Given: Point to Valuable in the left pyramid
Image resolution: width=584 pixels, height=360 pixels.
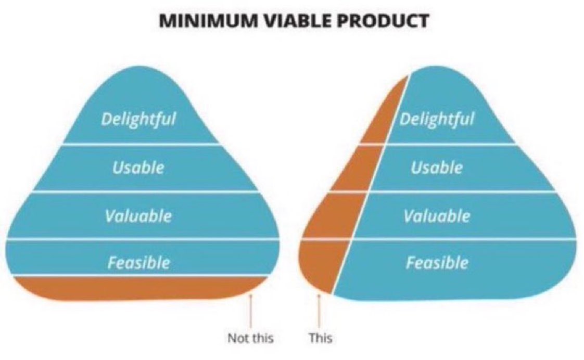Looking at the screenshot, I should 138,215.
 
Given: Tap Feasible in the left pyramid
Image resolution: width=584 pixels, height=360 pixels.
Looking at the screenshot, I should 138,262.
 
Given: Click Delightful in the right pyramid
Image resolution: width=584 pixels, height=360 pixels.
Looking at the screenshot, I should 437,119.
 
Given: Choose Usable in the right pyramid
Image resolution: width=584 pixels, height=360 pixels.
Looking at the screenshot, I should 436,167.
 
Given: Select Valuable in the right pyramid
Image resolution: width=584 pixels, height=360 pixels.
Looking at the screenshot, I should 437,215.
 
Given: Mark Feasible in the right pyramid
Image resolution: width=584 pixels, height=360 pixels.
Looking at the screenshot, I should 437,262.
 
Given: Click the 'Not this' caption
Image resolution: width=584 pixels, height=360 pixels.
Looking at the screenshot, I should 250,338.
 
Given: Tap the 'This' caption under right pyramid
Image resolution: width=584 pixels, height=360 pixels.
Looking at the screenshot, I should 320,338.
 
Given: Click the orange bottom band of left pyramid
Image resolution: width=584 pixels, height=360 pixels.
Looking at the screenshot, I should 135,288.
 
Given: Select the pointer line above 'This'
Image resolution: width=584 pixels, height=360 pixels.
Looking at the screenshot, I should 319,312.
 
